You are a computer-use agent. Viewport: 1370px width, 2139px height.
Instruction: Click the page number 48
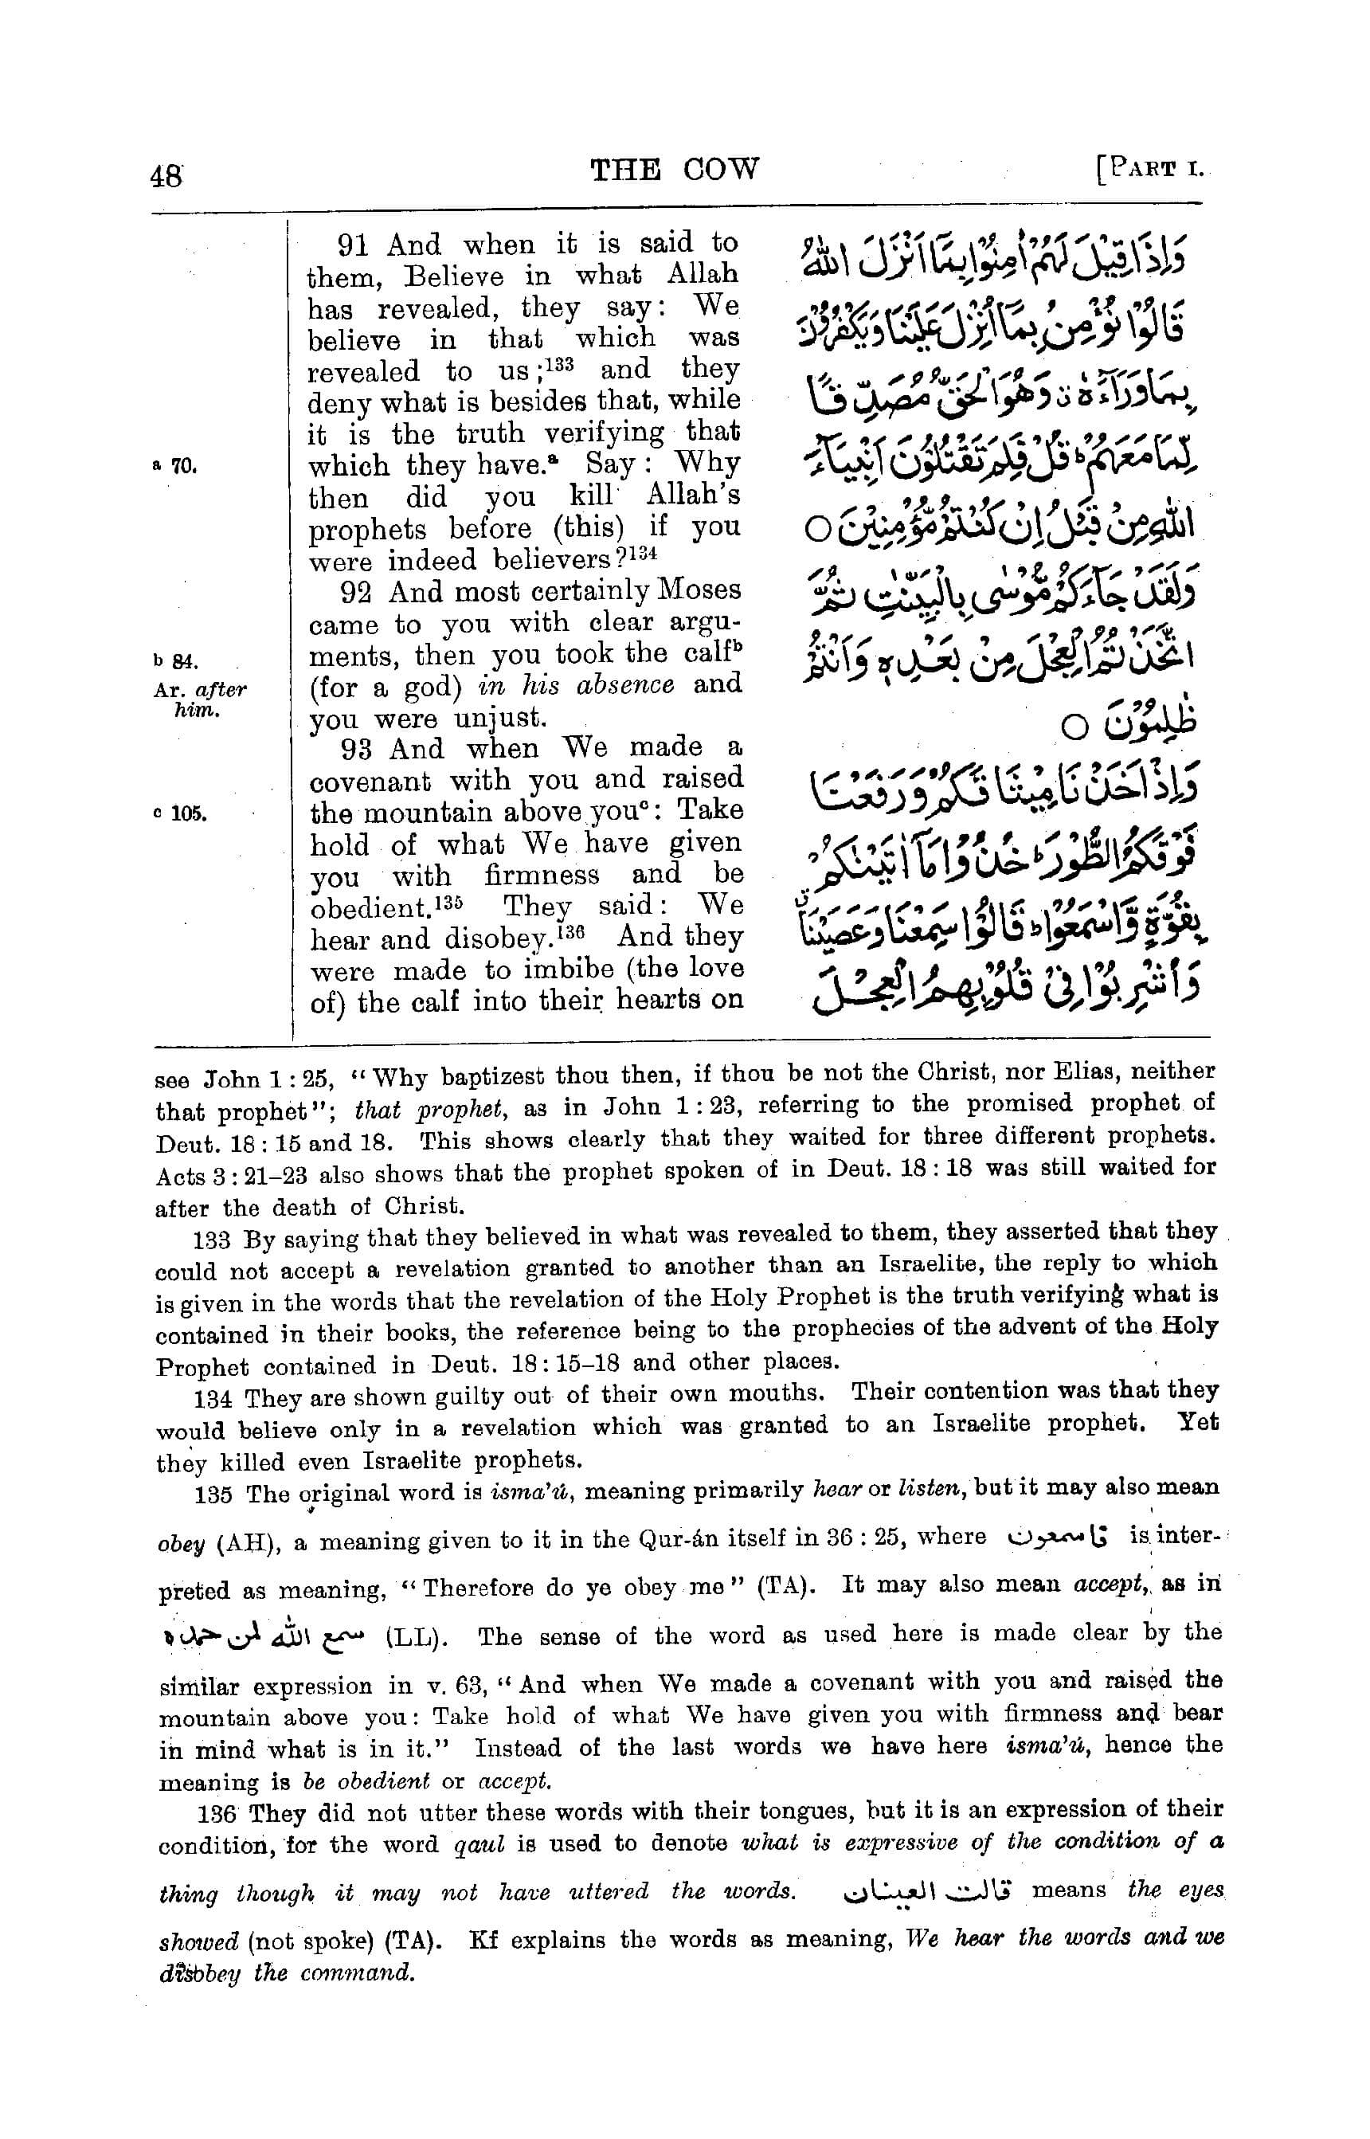tap(166, 174)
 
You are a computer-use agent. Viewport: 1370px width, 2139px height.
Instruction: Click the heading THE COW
tap(675, 168)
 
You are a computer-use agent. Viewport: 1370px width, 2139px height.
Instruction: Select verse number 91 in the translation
tap(355, 245)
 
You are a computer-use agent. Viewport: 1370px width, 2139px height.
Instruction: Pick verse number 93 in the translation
tap(358, 749)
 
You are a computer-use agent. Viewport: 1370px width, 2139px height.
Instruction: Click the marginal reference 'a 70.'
tap(174, 464)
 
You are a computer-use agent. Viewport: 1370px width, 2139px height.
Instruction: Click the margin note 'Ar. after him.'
tap(198, 700)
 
